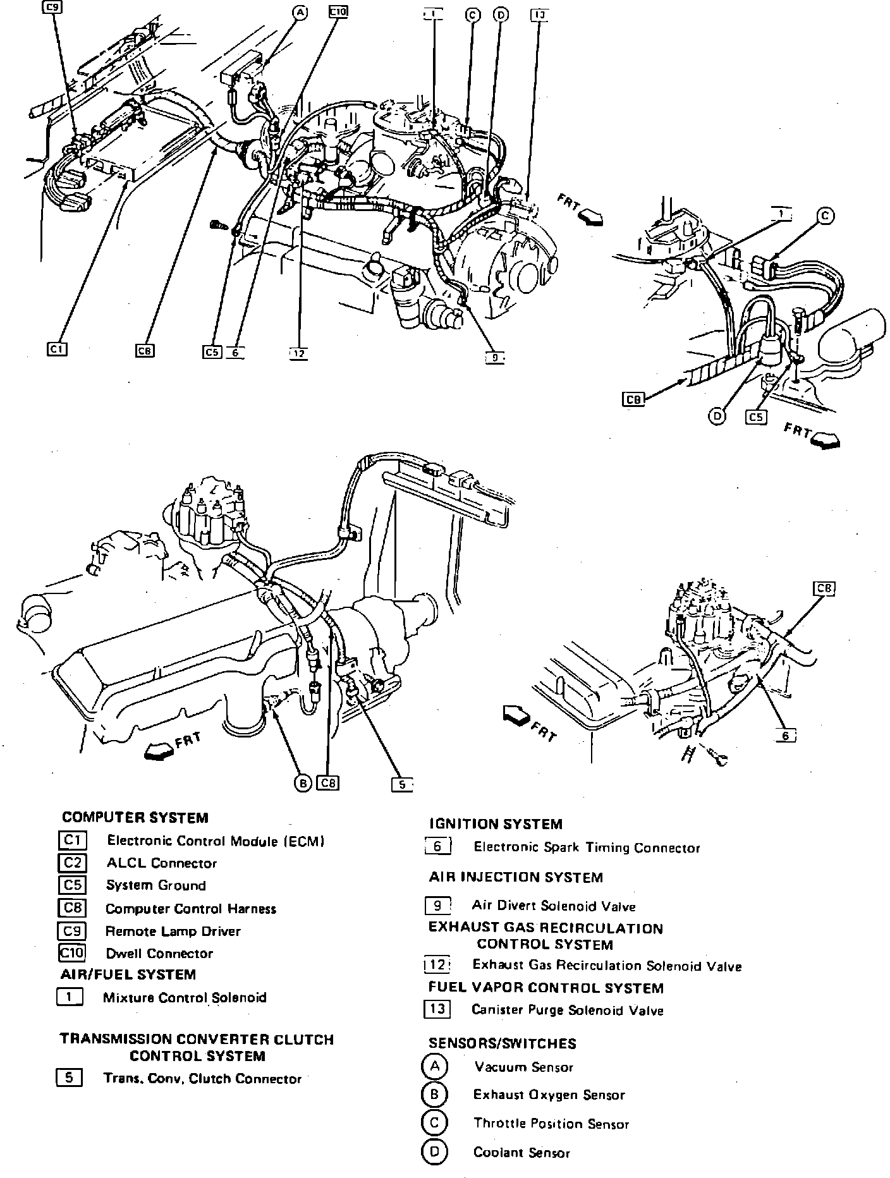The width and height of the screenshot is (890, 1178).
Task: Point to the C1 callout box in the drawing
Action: (x=58, y=349)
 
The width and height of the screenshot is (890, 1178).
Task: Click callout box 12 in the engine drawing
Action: (x=298, y=354)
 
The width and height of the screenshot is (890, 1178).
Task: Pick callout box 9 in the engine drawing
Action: (x=494, y=358)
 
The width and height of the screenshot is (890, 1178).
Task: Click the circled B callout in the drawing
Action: (x=303, y=783)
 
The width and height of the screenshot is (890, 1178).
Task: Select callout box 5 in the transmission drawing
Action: (x=401, y=784)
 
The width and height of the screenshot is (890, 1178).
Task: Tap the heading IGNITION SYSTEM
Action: (x=495, y=824)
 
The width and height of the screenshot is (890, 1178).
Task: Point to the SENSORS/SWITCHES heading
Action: (x=503, y=1043)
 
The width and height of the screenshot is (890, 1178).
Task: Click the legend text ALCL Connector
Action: (x=161, y=863)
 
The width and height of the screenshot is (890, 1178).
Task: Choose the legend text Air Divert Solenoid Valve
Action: (x=553, y=906)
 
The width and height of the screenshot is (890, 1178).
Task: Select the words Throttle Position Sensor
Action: (x=551, y=1124)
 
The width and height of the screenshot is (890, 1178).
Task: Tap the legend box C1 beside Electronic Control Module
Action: (x=72, y=840)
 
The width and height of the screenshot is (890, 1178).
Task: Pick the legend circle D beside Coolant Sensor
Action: (x=434, y=1151)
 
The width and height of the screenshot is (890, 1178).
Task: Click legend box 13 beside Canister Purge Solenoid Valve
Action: (x=437, y=1009)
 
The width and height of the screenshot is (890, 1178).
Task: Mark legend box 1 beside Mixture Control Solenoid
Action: (x=70, y=997)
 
